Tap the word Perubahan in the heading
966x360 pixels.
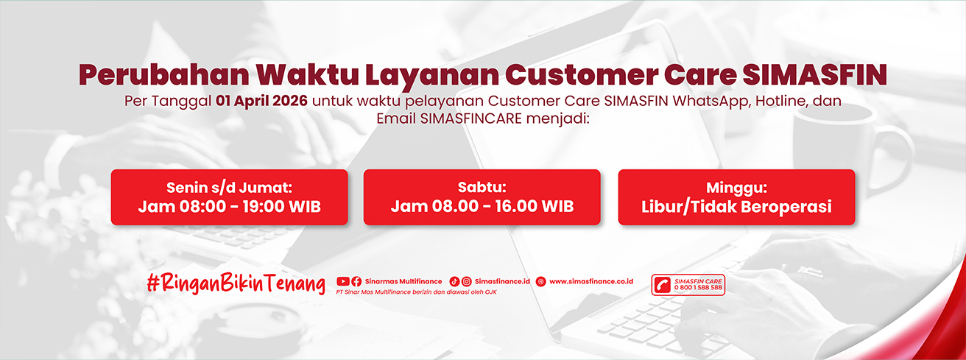pos(164,74)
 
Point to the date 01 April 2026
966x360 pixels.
pos(262,101)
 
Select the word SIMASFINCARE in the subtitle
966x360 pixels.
pos(471,119)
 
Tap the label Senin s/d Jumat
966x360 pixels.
pos(230,188)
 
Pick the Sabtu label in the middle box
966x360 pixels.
pos(482,187)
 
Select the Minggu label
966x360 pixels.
pos(736,188)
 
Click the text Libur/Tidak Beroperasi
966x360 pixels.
pos(736,207)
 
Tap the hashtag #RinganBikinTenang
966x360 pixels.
pos(236,283)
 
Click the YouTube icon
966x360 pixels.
pos(343,281)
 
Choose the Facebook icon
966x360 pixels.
pos(356,281)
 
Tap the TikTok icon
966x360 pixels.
pos(454,281)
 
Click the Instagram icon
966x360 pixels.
pos(466,281)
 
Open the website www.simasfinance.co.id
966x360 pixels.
pos(591,281)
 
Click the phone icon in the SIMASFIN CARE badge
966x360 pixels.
pos(662,285)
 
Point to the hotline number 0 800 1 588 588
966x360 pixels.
pos(698,288)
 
